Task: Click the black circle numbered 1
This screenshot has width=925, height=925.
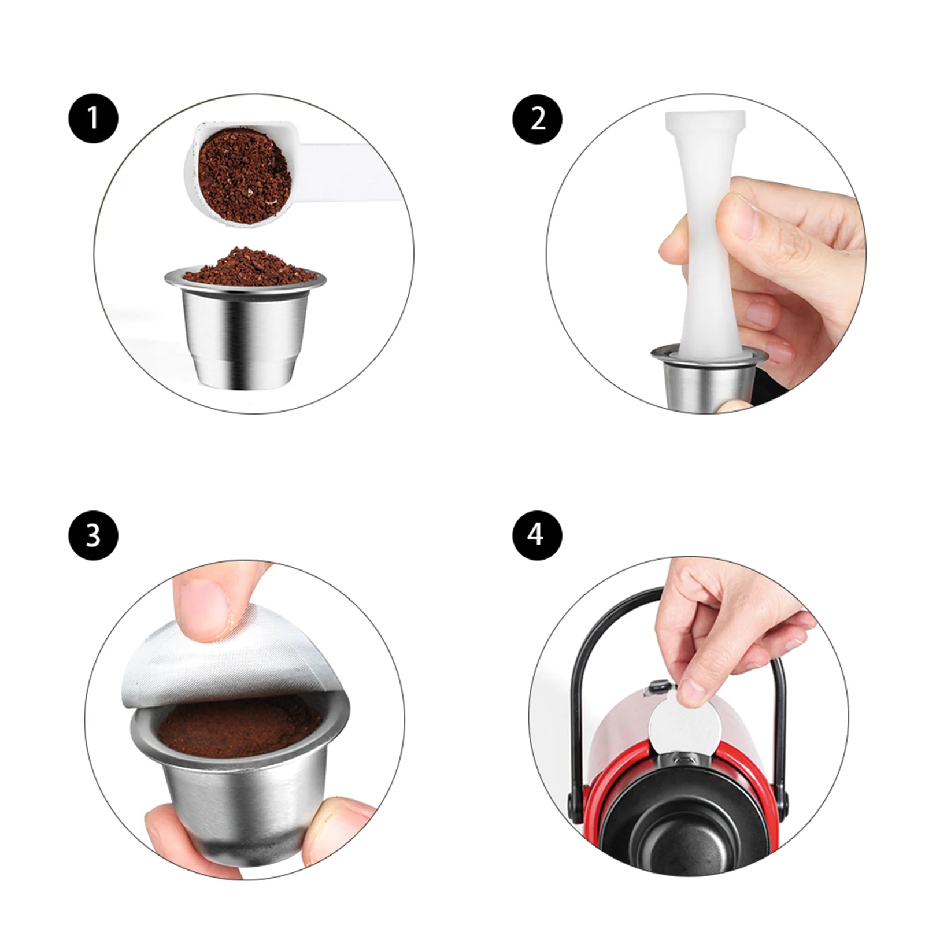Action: point(93,119)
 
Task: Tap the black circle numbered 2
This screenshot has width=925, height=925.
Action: point(537,119)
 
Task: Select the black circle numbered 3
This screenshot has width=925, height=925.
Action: point(93,535)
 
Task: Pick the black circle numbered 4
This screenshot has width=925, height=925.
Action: point(537,535)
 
